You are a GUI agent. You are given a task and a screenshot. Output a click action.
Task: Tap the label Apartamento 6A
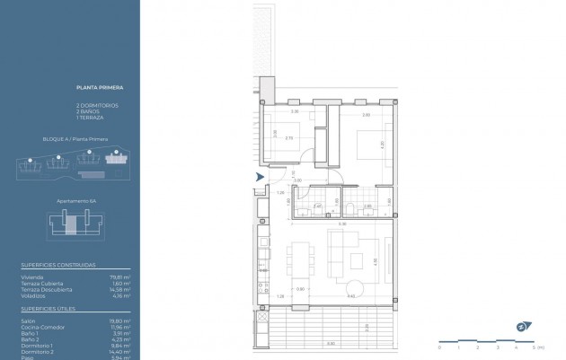click(75, 201)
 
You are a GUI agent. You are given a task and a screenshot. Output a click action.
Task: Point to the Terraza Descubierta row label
click(42, 289)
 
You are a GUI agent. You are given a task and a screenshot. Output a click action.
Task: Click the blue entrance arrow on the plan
click(261, 177)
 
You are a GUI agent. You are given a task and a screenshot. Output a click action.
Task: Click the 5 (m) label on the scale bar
click(537, 347)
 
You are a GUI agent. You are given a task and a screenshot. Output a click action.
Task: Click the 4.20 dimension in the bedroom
click(383, 144)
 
